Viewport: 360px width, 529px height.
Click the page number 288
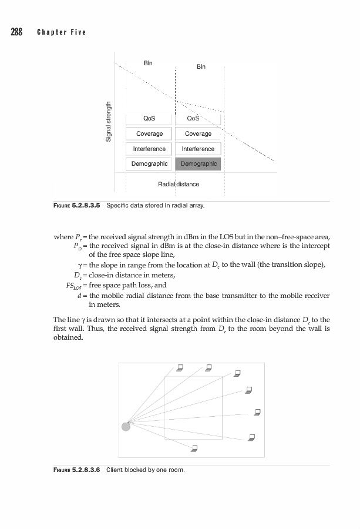click(16, 32)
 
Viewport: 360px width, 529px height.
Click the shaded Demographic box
click(198, 163)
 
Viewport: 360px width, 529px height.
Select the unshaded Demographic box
click(149, 163)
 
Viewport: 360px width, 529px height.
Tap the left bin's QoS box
click(149, 119)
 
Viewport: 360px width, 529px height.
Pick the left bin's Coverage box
click(149, 134)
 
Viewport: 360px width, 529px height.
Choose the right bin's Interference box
click(198, 149)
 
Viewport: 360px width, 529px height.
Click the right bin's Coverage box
click(198, 134)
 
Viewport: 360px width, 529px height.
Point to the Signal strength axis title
click(108, 121)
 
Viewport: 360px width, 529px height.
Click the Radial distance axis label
click(179, 184)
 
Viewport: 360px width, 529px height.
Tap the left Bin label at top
click(148, 63)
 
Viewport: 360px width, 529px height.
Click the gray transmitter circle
click(126, 426)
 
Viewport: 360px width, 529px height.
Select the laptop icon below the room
click(194, 449)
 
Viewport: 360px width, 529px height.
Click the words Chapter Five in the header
click(62, 32)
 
